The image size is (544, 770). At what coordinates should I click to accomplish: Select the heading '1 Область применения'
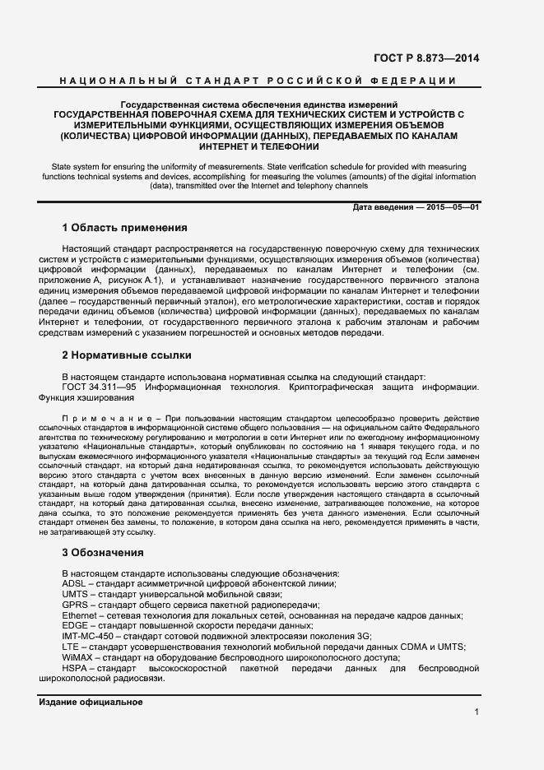125,227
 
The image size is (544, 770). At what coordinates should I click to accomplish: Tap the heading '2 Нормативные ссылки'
127,355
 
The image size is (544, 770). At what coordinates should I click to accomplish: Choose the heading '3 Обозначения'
103,552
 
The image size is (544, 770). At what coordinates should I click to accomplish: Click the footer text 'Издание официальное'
91,702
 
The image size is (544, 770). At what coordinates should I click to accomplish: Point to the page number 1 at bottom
477,712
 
